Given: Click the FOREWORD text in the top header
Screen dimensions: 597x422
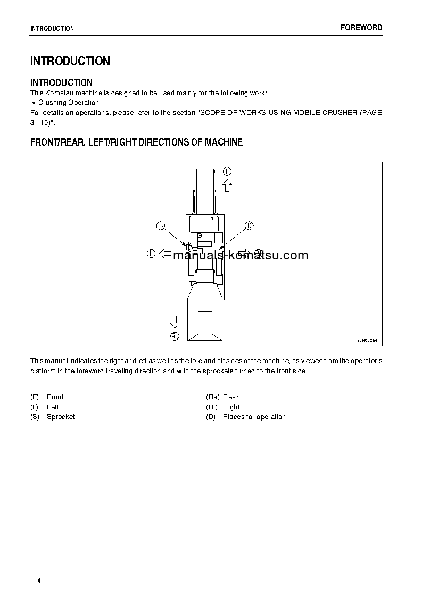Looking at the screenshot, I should (361, 28).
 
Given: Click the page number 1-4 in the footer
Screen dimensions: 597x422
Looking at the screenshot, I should (36, 580).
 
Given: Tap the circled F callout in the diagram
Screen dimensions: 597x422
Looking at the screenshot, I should (227, 171).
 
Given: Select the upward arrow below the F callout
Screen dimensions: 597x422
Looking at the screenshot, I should (227, 185).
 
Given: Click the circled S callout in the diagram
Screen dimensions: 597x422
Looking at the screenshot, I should (160, 225).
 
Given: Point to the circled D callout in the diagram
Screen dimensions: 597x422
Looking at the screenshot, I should (249, 225).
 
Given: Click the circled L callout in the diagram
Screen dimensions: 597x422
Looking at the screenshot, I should (151, 254).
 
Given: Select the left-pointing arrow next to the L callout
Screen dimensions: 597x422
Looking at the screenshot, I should (166, 254).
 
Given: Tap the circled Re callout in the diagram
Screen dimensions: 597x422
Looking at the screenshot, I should (175, 335).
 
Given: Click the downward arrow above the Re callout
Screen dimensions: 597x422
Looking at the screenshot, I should (175, 322).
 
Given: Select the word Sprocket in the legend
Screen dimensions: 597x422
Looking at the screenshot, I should (61, 417).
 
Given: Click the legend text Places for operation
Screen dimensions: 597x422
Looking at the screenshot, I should (254, 417).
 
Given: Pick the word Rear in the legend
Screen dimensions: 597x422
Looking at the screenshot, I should (230, 397).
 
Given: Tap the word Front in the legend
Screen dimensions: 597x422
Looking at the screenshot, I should (55, 397).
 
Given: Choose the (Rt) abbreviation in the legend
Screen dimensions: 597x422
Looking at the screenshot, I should (212, 407).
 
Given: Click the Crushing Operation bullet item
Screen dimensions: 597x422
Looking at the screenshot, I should (68, 103).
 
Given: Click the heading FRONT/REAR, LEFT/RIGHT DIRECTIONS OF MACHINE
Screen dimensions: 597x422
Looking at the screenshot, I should (136, 142).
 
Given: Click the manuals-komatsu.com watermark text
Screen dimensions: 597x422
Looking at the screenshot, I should (241, 255).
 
